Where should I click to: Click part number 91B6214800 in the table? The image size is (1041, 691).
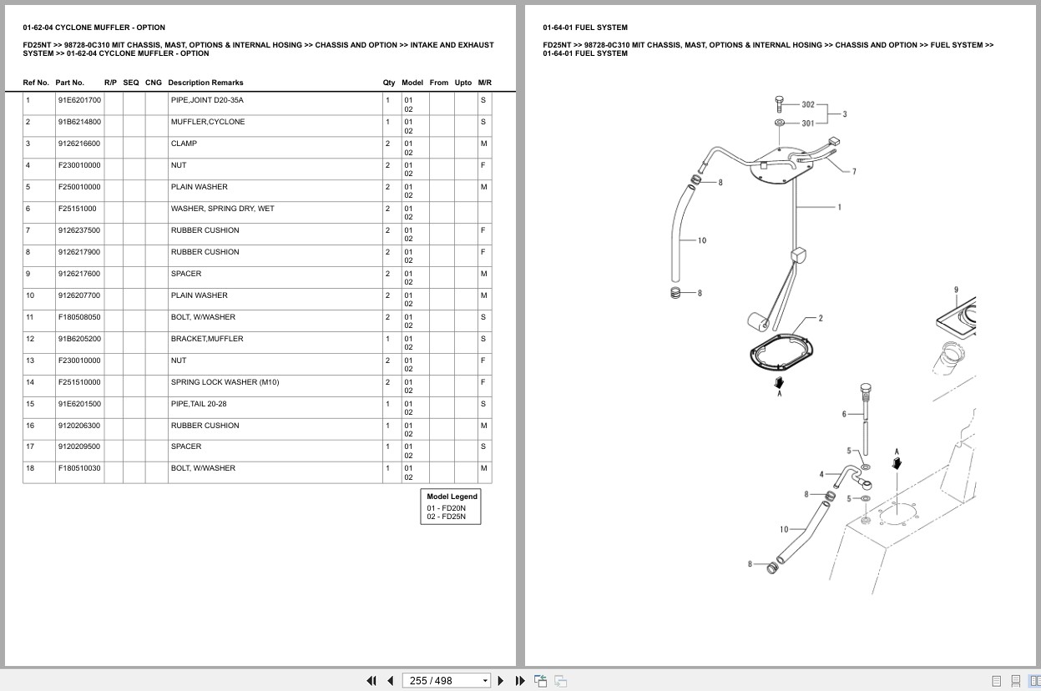79,122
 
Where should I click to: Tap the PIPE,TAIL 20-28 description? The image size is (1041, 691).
199,404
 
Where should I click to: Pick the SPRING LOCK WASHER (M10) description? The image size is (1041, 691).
225,382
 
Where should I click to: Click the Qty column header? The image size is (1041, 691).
389,83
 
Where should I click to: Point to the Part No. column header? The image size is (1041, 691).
70,83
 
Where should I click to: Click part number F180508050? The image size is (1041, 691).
79,317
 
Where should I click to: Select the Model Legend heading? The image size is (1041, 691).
452,497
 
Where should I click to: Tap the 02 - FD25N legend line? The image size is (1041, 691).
446,517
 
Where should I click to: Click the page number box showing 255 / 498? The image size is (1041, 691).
446,681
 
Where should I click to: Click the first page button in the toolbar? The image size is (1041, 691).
371,681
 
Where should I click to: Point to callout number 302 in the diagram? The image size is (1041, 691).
808,104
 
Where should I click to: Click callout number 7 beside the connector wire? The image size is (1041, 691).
854,171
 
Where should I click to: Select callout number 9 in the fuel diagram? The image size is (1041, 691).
956,290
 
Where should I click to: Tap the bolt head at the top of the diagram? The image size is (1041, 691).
780,99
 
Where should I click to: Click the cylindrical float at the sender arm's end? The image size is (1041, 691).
758,321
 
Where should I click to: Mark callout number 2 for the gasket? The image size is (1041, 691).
821,318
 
